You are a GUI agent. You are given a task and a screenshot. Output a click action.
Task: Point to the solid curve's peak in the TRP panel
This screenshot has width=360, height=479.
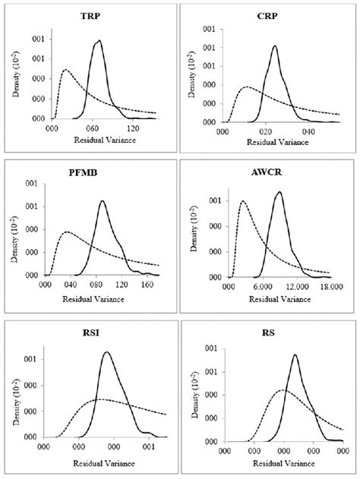click(x=99, y=41)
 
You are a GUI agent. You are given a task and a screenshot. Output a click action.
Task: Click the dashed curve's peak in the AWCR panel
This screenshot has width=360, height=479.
click(x=242, y=201)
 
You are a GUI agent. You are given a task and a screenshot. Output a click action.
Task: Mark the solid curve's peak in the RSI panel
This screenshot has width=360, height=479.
click(x=106, y=352)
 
